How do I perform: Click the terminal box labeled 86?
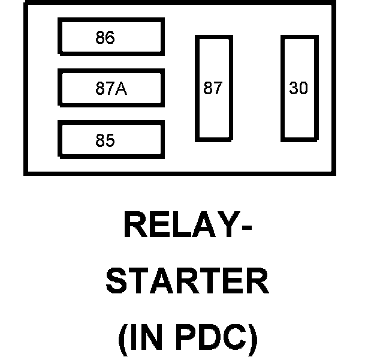111,37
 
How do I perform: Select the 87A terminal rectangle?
111,88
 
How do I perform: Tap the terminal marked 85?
111,140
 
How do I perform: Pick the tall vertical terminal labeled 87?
213,88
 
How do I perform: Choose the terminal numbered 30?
298,88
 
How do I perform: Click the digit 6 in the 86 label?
110,37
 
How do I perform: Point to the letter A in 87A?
121,89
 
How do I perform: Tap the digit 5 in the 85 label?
110,141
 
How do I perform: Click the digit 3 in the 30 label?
294,88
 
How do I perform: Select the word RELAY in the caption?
179,226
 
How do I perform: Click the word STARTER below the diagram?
188,283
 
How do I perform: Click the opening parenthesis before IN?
123,340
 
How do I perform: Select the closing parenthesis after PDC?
252,340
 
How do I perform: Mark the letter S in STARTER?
117,283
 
